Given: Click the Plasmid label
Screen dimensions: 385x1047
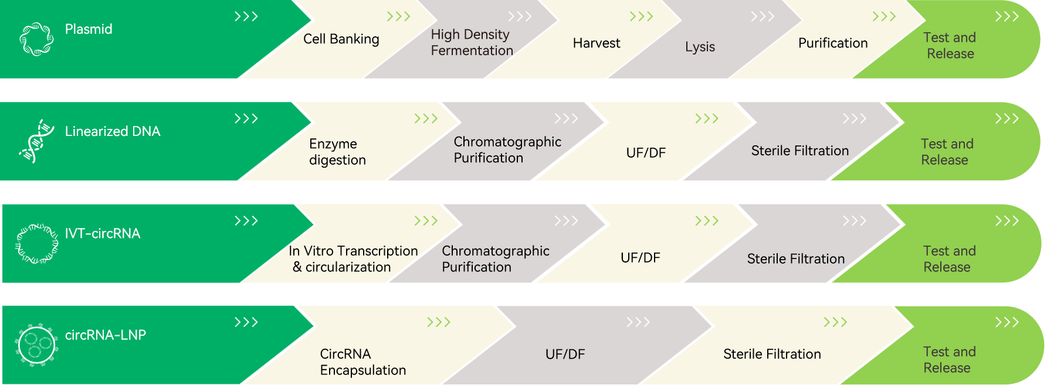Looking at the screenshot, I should tap(89, 29).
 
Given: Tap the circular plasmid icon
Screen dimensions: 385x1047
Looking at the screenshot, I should tap(36, 39).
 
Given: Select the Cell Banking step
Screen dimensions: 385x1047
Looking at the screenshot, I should tap(341, 39).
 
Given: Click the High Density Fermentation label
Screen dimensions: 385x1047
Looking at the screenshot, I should tap(472, 43).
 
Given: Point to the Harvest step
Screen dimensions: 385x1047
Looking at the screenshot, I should tap(596, 43).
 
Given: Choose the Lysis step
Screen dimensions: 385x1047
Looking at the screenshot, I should tap(700, 47).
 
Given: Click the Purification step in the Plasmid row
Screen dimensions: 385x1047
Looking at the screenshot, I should tap(833, 43).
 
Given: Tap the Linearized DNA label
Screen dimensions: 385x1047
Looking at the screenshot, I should tap(113, 131).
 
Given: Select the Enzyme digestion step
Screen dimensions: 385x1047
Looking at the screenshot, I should tap(337, 152).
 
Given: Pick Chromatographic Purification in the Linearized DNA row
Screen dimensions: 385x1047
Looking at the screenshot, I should tap(507, 150).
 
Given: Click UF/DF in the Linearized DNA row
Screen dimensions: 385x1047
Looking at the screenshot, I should tap(646, 153).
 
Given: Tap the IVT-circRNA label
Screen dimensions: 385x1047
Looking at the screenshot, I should tap(103, 234).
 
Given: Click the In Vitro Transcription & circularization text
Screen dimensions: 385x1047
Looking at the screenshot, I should tap(353, 259).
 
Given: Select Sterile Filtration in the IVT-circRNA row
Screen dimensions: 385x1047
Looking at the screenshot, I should tap(795, 259).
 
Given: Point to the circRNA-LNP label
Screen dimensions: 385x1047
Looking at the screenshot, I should tap(106, 335).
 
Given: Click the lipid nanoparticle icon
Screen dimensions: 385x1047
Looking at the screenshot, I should tap(36, 345).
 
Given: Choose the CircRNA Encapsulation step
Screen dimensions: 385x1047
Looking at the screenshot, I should tap(362, 362).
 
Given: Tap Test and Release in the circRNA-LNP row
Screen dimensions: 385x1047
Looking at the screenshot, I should tap(949, 360).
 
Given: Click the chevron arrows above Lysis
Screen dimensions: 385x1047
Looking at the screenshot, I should tap(762, 16).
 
